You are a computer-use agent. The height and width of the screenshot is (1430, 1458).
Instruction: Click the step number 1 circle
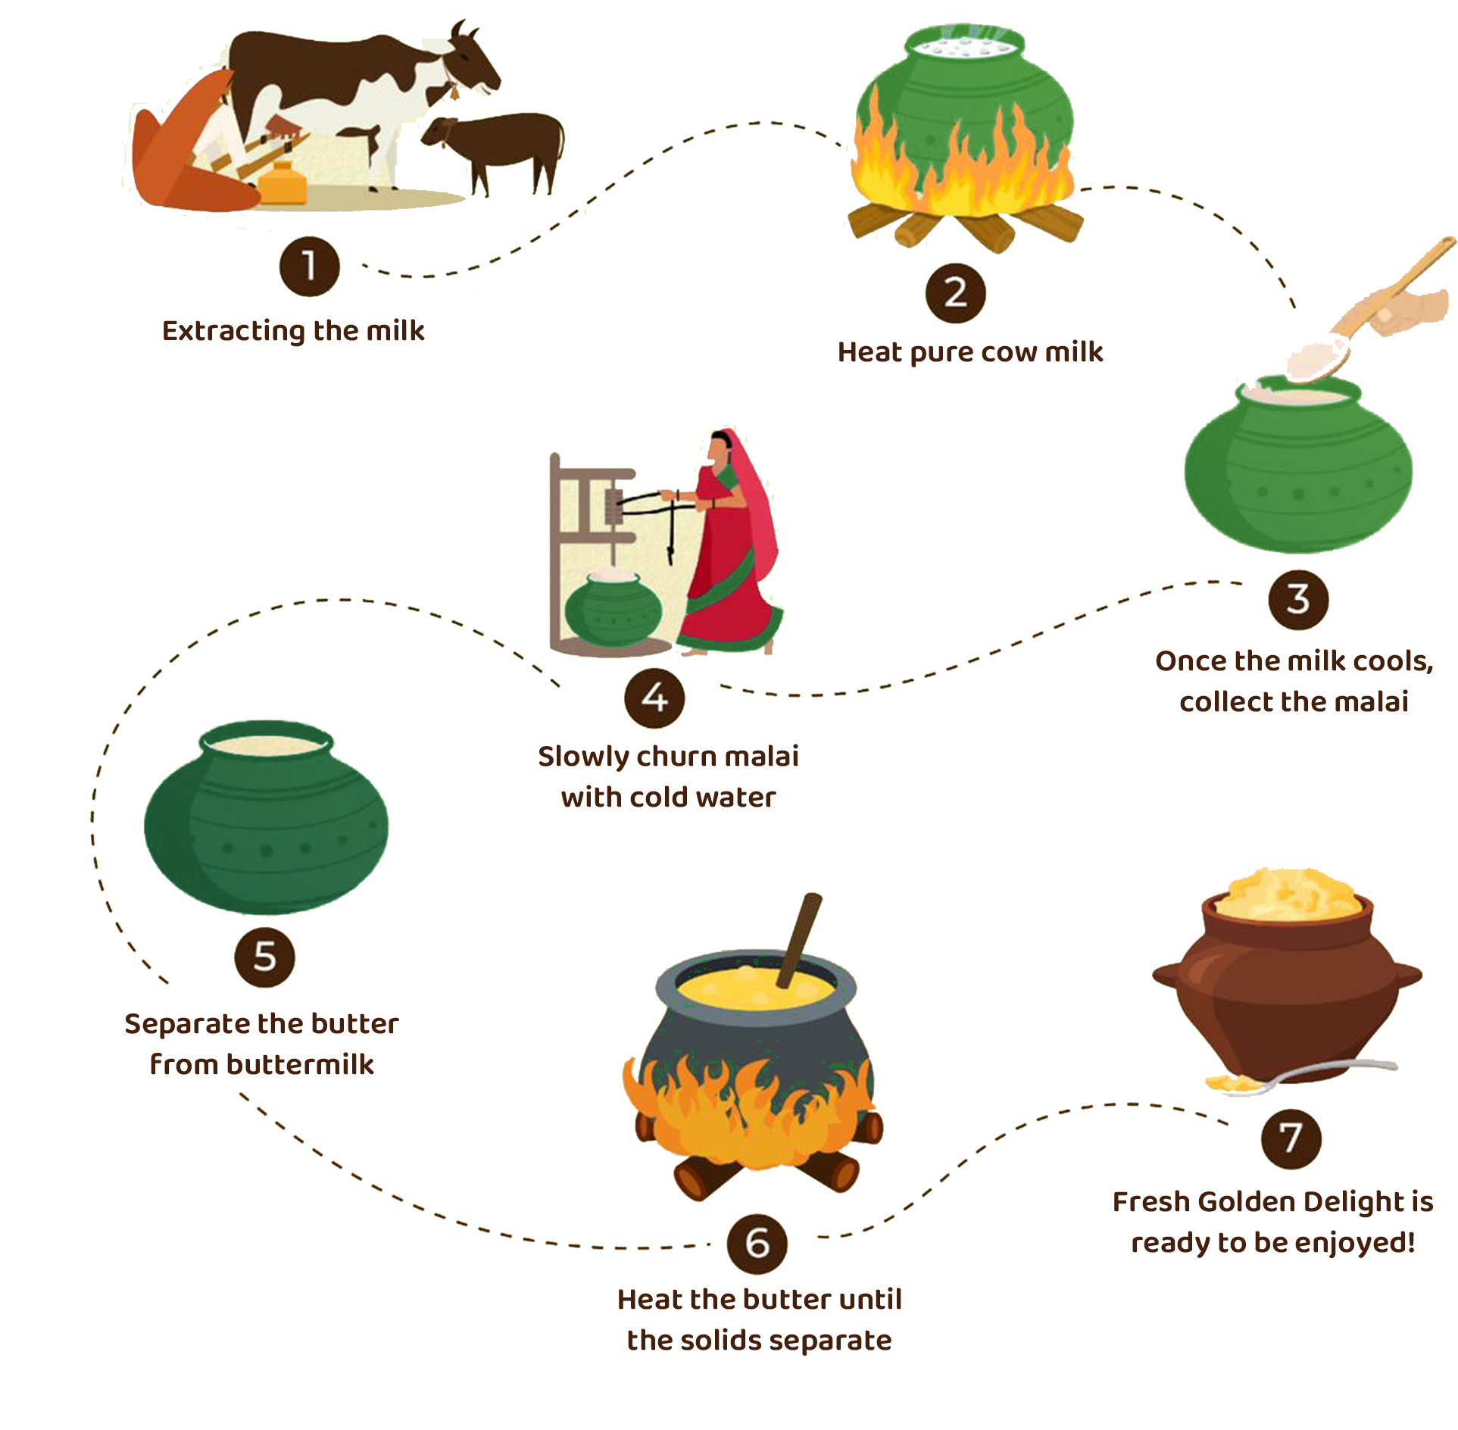(x=309, y=267)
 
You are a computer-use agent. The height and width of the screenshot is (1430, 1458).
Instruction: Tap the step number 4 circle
(x=654, y=698)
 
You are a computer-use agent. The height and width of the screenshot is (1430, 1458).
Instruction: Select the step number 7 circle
(x=1291, y=1138)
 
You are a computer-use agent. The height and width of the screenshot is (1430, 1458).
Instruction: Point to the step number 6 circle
(x=757, y=1244)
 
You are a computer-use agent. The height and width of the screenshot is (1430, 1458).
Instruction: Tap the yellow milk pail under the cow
(x=282, y=183)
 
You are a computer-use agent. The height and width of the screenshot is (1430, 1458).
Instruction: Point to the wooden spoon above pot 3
(x=1356, y=326)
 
